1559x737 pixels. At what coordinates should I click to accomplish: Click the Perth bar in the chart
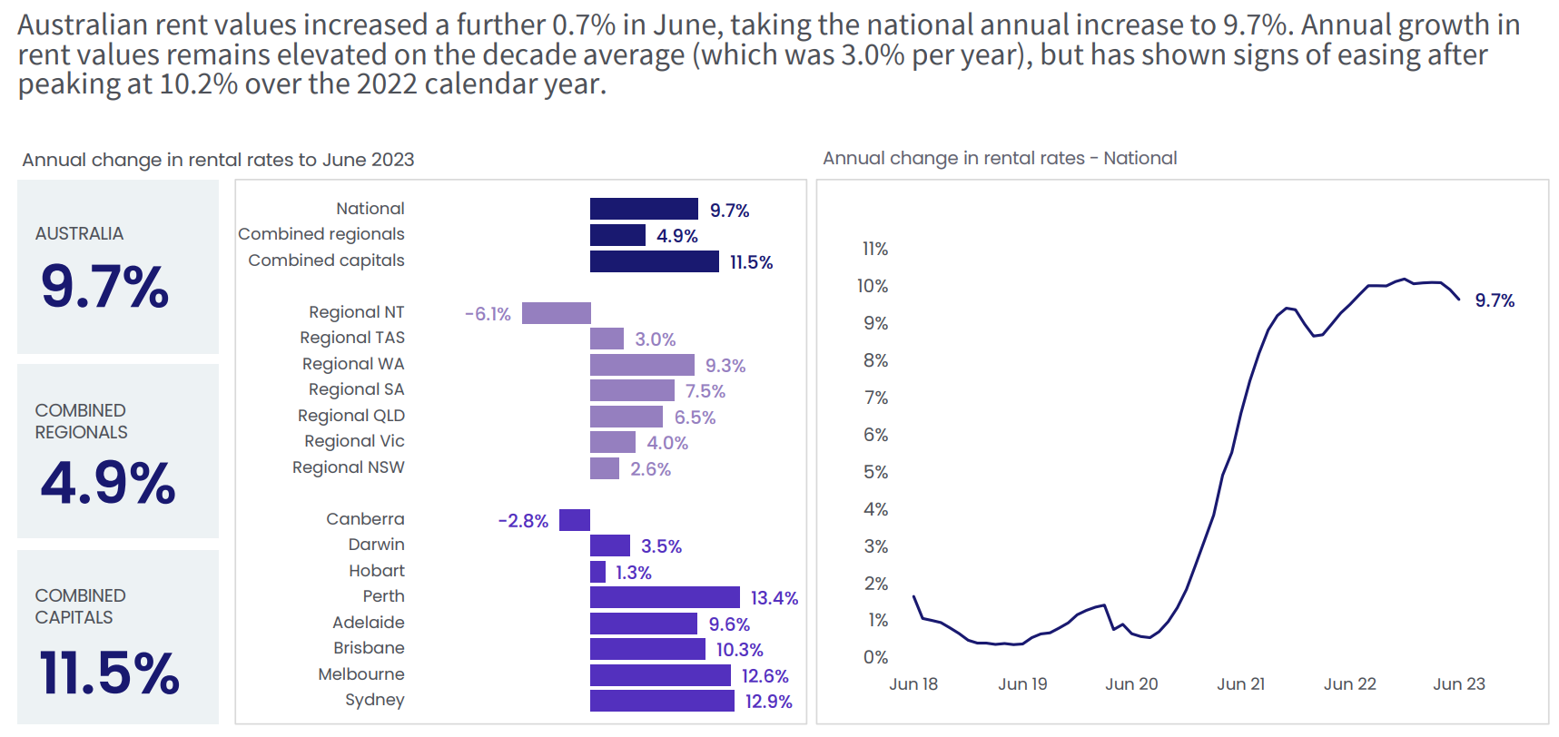point(665,597)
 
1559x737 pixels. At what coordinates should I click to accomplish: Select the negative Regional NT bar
point(556,313)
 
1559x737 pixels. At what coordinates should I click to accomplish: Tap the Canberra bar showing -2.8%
point(575,520)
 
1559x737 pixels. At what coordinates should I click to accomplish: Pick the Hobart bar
point(597,572)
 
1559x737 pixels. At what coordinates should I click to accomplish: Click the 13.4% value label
point(775,598)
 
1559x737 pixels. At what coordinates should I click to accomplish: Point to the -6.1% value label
point(488,314)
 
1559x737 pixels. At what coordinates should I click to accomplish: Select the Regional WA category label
point(353,364)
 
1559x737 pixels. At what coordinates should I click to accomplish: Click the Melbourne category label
point(361,674)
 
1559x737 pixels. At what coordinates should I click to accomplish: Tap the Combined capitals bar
point(654,261)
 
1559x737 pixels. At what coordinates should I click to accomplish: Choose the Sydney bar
point(662,701)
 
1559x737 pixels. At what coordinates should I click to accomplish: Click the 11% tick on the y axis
point(875,249)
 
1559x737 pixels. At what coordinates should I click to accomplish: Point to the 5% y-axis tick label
point(875,472)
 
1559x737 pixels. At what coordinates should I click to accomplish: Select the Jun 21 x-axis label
point(1240,684)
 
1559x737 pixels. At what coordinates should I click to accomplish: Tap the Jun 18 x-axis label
point(913,684)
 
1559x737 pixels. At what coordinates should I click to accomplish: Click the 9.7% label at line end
point(1495,300)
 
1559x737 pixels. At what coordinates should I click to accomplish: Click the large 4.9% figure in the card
point(108,482)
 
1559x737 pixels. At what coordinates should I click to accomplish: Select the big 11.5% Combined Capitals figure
point(110,673)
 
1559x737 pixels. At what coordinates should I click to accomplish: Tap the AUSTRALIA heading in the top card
point(79,234)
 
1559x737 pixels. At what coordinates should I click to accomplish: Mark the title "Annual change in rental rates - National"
point(1000,158)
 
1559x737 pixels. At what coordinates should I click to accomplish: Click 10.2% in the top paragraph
point(198,84)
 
